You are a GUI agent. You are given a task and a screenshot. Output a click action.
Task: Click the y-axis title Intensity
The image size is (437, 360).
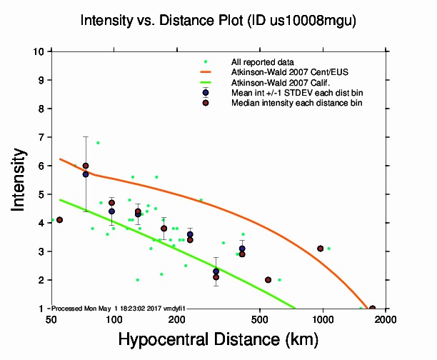(x=21, y=179)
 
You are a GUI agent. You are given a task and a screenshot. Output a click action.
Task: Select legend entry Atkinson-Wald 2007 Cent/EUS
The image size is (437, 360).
(x=284, y=72)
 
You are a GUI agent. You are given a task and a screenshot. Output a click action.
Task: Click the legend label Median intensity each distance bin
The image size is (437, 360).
(x=296, y=103)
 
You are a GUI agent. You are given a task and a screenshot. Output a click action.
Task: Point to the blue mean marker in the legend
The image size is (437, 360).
(x=206, y=93)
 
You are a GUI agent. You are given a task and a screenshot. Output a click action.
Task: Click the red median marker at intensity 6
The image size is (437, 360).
(x=86, y=166)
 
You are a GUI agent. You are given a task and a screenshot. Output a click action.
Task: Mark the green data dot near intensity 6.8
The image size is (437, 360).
(x=98, y=143)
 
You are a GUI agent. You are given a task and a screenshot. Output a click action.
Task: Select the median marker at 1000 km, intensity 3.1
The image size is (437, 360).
(x=321, y=249)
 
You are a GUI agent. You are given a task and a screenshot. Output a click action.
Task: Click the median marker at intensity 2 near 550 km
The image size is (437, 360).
(x=268, y=280)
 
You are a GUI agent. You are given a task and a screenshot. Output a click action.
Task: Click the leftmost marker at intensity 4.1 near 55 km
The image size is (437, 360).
(x=60, y=220)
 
